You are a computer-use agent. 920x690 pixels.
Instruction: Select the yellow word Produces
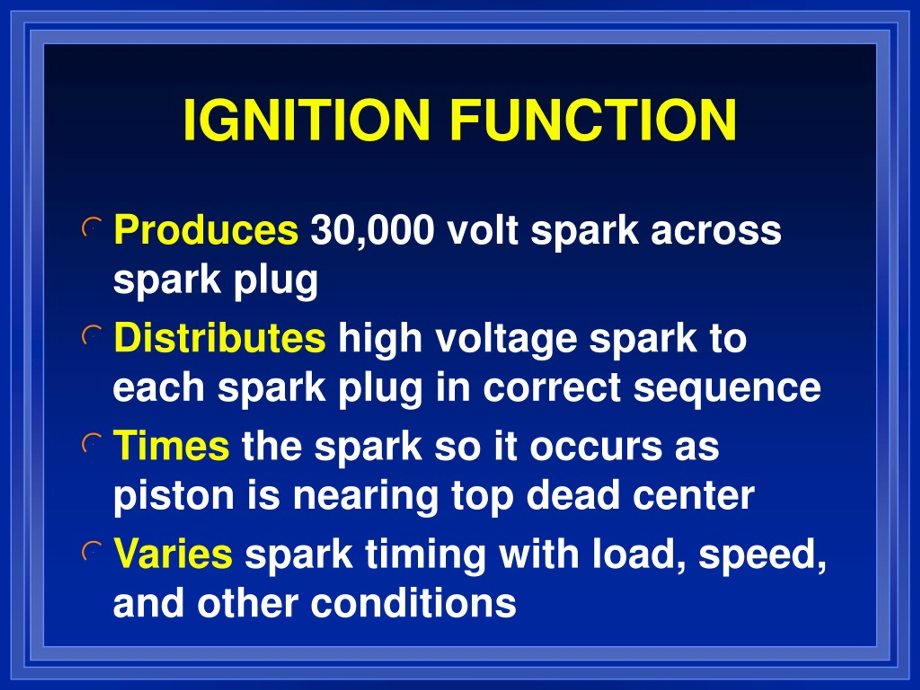click(x=206, y=230)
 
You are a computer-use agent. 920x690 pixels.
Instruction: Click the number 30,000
click(x=373, y=230)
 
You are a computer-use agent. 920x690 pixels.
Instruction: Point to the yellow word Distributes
click(x=220, y=338)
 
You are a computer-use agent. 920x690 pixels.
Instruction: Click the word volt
click(x=482, y=230)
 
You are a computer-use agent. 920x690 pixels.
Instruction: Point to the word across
click(x=716, y=230)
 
